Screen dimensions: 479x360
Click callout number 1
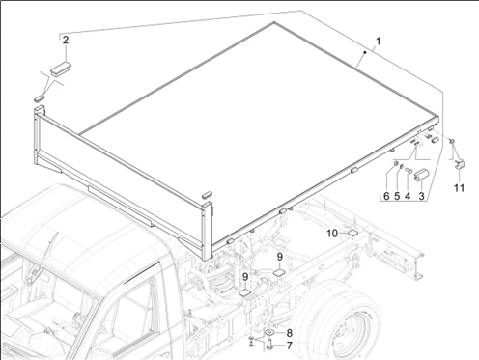point(379,42)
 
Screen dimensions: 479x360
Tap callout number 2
point(66,41)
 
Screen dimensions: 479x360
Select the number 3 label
point(421,196)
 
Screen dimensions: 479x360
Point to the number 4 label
point(408,196)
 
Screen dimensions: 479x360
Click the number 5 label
point(397,196)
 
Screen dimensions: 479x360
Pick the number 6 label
point(386,196)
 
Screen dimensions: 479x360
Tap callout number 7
point(289,346)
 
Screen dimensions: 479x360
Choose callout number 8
point(289,333)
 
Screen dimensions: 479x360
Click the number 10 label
point(332,234)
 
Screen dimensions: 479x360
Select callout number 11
point(460,188)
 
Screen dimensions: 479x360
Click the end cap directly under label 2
point(61,69)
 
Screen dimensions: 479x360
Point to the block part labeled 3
point(420,176)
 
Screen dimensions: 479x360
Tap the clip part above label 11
point(460,164)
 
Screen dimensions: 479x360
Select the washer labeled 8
point(269,332)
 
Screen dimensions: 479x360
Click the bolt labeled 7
point(269,345)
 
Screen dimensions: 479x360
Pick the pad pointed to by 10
point(352,233)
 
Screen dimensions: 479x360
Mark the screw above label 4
point(409,169)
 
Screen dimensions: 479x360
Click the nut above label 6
point(394,164)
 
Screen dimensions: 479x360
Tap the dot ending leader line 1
point(365,52)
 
